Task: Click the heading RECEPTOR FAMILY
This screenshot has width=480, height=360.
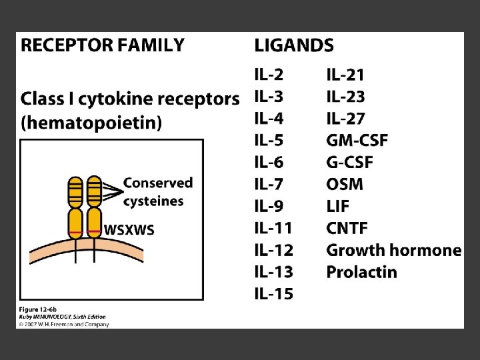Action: (x=103, y=45)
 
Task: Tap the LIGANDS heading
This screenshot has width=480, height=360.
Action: (x=294, y=45)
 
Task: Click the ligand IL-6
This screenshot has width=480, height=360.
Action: (x=269, y=163)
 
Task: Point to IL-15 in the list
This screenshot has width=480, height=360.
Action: (x=273, y=293)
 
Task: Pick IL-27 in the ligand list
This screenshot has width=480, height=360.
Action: (x=345, y=119)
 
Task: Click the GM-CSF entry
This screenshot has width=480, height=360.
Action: (x=357, y=141)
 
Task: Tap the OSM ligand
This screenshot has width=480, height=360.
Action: (x=345, y=184)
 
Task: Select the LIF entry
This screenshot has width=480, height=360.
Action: (x=338, y=206)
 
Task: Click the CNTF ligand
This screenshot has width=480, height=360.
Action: (x=347, y=228)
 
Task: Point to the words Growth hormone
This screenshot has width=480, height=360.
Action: (x=393, y=250)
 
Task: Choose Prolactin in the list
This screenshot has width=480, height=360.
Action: (x=361, y=272)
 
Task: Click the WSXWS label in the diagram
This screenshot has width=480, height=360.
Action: (x=129, y=230)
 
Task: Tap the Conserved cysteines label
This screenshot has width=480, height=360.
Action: (x=157, y=191)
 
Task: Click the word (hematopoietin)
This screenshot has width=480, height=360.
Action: (x=91, y=123)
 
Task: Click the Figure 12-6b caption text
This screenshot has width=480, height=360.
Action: (x=37, y=310)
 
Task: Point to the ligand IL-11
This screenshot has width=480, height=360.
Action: (x=273, y=228)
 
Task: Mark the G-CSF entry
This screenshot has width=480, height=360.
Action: (x=349, y=163)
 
